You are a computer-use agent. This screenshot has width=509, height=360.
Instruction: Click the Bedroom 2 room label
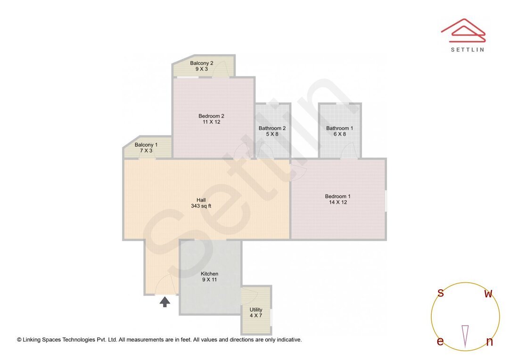(x=211, y=116)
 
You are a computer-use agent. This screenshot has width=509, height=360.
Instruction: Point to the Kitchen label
(x=209, y=274)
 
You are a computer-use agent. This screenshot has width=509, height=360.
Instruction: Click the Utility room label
(x=256, y=310)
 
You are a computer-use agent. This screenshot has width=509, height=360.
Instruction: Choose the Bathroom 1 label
(x=339, y=128)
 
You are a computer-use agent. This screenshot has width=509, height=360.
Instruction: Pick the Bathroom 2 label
(x=272, y=128)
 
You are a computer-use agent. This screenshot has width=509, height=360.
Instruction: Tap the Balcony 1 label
(x=146, y=145)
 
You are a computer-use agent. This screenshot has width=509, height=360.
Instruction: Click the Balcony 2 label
(x=202, y=63)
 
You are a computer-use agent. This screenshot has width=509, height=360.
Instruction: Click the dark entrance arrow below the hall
(x=164, y=302)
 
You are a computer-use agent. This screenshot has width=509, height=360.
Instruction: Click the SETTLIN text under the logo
(x=467, y=49)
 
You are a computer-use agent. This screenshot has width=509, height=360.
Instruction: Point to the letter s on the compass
(x=441, y=293)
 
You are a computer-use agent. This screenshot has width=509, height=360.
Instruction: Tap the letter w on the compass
(x=488, y=294)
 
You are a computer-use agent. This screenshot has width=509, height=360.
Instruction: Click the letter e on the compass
(x=440, y=342)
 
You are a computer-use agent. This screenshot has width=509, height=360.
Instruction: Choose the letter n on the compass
(x=489, y=342)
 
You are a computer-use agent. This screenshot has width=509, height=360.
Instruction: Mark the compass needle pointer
(x=465, y=335)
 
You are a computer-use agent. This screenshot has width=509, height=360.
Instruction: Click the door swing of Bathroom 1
(x=348, y=152)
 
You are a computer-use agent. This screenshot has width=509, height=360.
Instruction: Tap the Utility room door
(x=248, y=295)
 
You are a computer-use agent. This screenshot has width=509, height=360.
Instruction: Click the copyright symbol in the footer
(x=19, y=340)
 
